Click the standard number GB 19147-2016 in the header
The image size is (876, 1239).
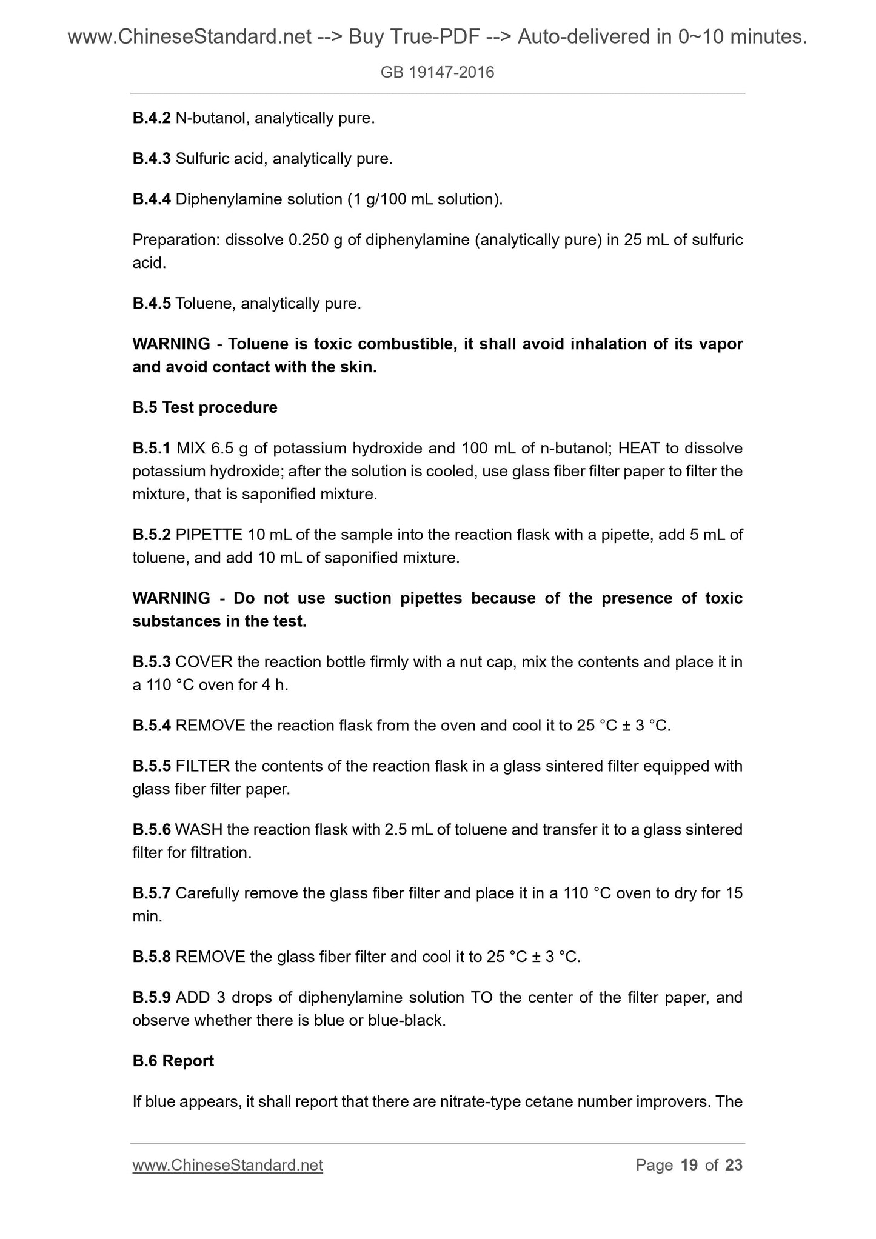pos(437,73)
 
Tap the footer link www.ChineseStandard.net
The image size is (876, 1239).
pos(227,1164)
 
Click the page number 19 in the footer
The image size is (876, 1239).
pos(689,1164)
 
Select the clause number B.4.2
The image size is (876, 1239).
pos(152,118)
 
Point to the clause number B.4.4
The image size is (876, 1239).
pos(152,199)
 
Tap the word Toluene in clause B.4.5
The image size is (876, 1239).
pos(204,303)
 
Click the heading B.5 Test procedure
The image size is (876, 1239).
pos(205,407)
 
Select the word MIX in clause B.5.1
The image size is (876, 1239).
pos(191,448)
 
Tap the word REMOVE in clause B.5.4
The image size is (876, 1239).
pos(210,726)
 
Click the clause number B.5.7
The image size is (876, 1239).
pos(152,893)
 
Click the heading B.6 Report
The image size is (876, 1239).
pos(173,1061)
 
